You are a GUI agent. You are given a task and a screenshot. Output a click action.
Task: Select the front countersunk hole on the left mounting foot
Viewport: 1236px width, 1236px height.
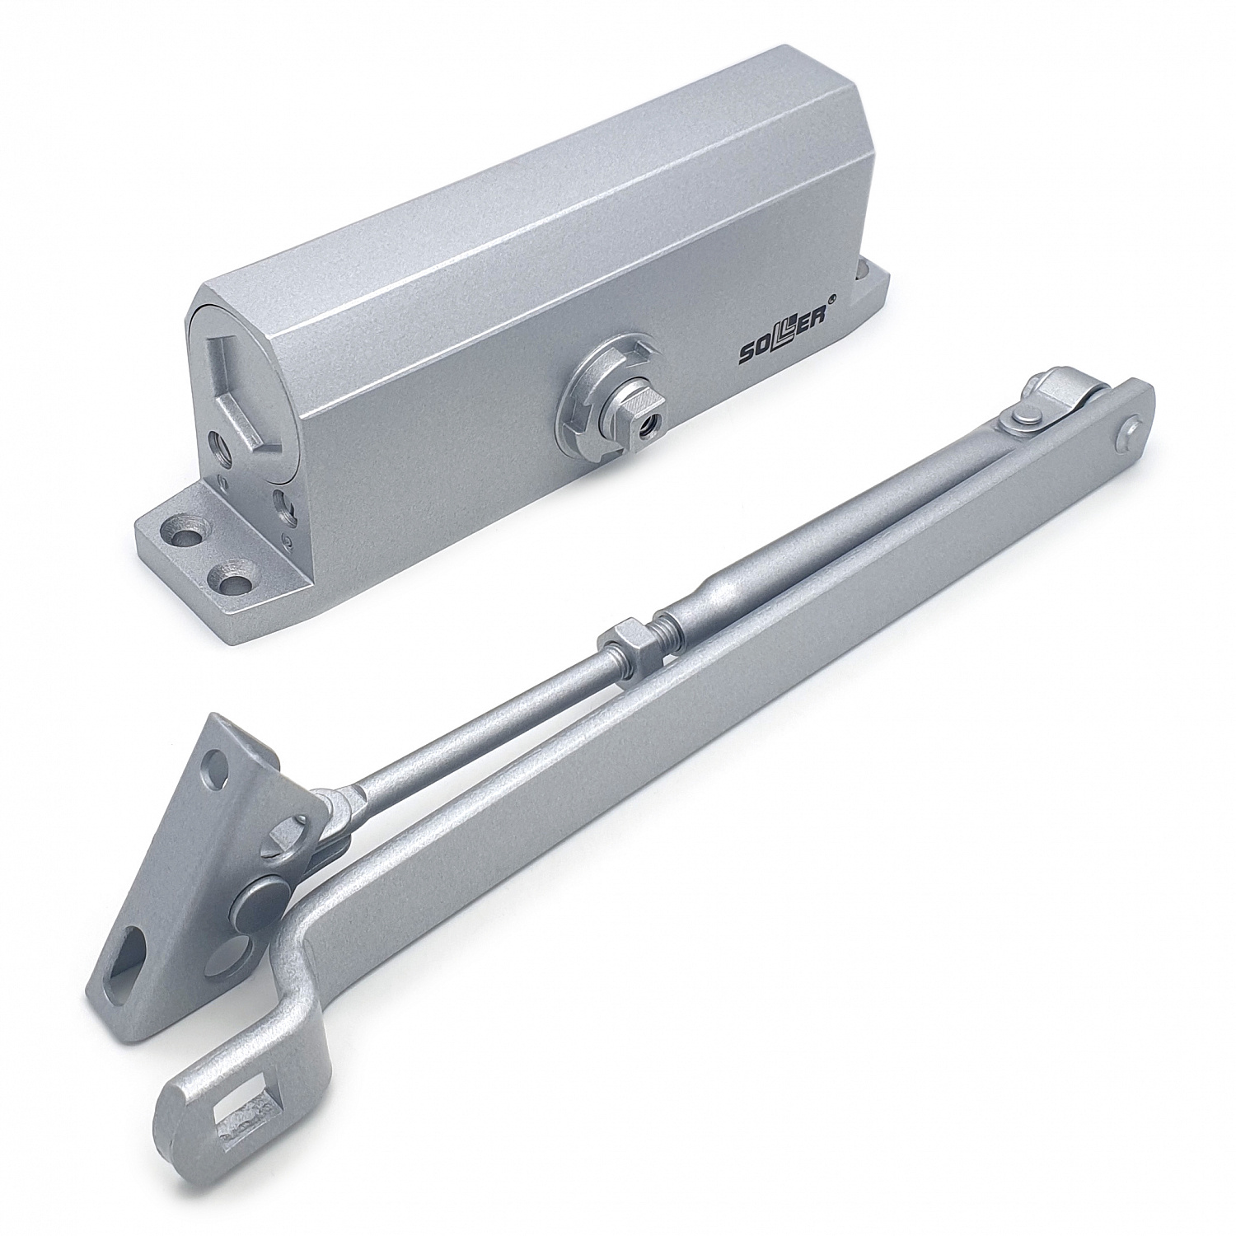click(236, 580)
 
